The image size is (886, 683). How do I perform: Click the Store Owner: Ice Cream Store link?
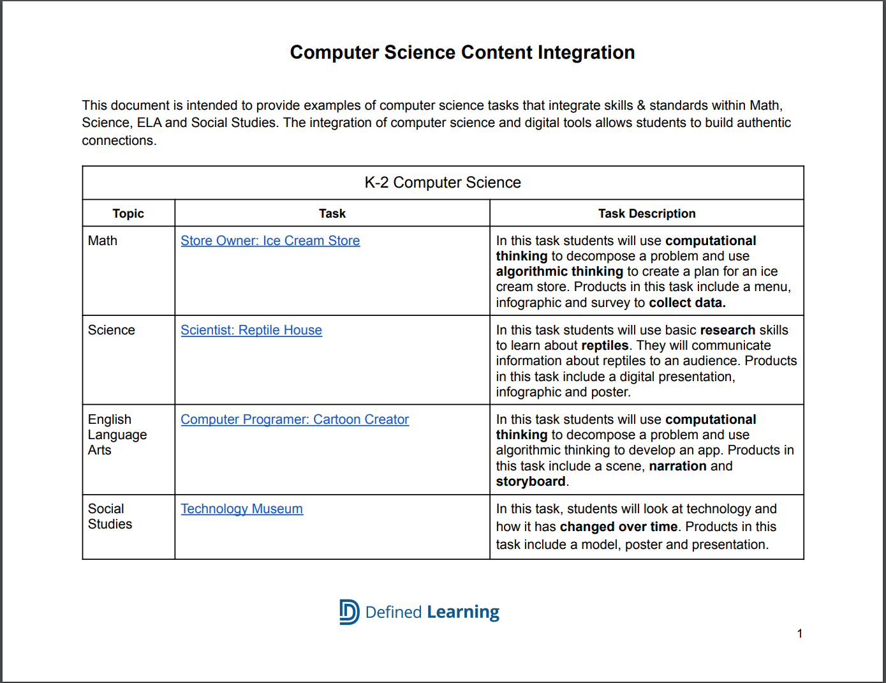tap(270, 241)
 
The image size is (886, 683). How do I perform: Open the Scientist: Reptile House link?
tap(251, 330)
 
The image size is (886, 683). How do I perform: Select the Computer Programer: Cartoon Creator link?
tap(295, 419)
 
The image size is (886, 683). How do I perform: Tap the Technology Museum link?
tap(242, 509)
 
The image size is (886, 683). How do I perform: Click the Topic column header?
tap(128, 214)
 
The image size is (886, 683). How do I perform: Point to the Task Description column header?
tap(647, 214)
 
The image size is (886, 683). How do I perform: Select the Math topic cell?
tap(103, 241)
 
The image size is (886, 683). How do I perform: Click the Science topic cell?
tap(112, 330)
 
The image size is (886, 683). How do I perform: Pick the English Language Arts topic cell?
tap(117, 435)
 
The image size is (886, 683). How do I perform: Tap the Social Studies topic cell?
tap(110, 516)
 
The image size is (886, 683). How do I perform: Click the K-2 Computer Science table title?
tap(443, 183)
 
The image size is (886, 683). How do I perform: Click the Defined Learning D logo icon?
tap(349, 612)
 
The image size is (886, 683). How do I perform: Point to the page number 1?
tap(800, 633)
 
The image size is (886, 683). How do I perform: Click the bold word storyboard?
tap(531, 481)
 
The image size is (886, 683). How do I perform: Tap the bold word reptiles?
tap(605, 345)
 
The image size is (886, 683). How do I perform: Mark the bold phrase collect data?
tap(687, 303)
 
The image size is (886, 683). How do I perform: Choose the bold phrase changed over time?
tap(618, 527)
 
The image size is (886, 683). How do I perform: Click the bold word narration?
tap(677, 466)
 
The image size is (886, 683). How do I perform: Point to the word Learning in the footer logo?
tap(463, 612)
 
